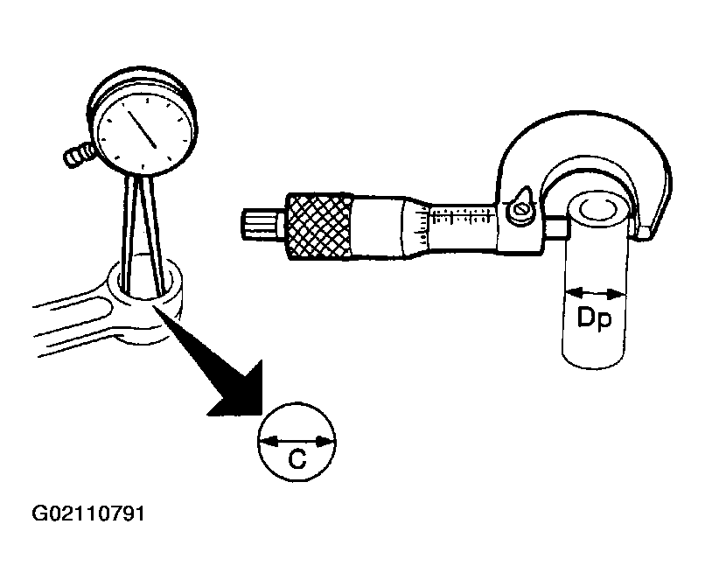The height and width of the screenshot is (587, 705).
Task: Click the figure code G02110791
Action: point(88,514)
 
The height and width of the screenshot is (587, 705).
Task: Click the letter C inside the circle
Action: point(297,459)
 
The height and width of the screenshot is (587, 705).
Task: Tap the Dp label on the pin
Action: point(595,318)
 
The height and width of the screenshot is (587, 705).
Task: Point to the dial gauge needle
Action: point(142,129)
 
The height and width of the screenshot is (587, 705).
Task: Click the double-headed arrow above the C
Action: point(297,442)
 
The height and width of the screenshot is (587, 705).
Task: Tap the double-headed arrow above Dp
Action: point(595,294)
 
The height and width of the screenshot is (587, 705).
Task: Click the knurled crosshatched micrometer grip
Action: point(318,227)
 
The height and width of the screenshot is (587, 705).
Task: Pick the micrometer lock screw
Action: point(521,209)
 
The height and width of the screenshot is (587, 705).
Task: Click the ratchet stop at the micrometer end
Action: point(263,224)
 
